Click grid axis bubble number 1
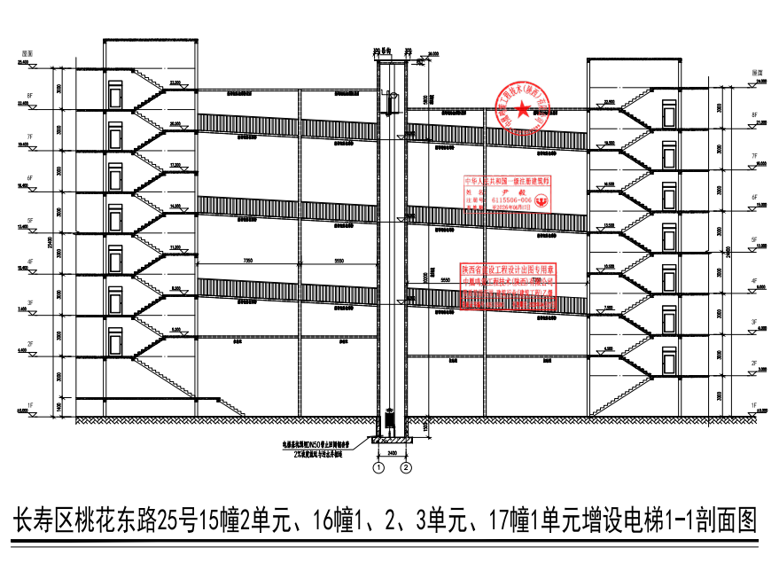pos(378,466)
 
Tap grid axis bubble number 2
pos(406,466)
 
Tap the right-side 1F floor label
pos(754,405)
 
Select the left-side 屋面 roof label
pos(27,54)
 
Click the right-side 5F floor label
pos(754,239)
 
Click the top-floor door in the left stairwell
pos(115,95)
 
